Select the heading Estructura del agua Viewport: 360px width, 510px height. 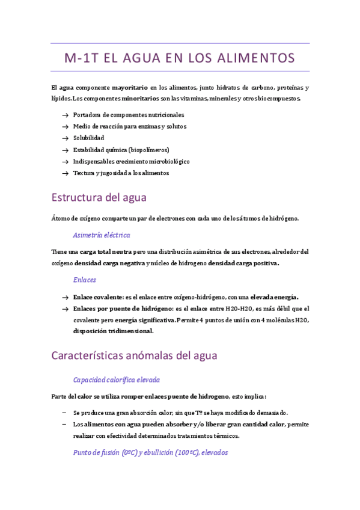(99, 197)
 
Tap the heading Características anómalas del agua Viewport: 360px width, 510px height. (134, 355)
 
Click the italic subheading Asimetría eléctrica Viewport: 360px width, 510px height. (101, 235)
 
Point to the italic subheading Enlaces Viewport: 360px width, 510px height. (84, 280)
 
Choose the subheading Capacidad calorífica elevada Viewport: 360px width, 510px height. (116, 379)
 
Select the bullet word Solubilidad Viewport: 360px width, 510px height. (88, 138)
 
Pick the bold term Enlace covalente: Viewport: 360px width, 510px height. (98, 297)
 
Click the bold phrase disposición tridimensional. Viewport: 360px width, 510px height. (113, 331)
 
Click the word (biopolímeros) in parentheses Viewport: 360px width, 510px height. (149, 150)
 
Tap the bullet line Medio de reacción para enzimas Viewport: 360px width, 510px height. (129, 126)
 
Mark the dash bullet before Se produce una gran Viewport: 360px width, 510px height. (64, 413)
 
